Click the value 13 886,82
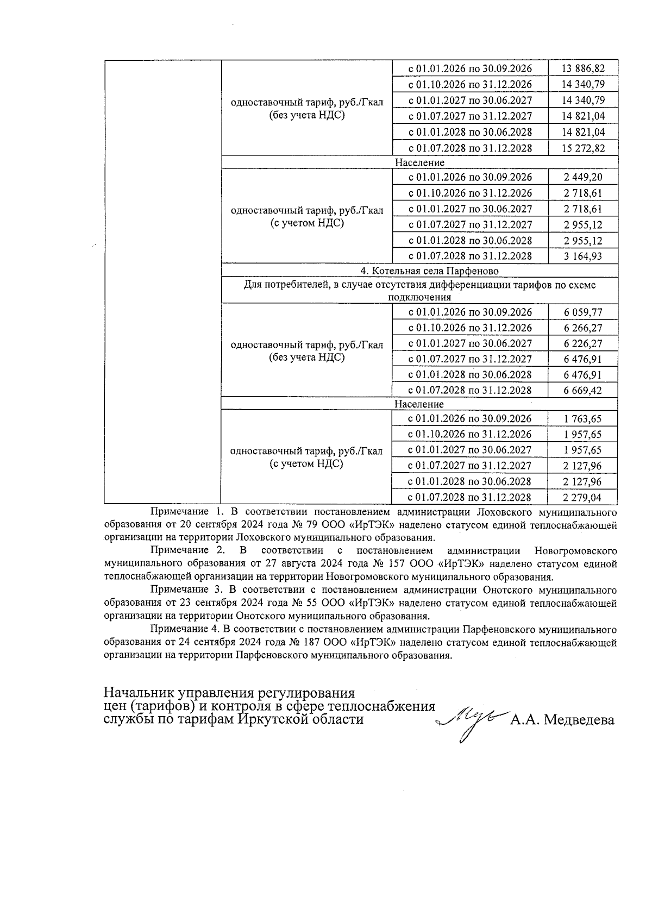point(583,68)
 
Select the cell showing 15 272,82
point(583,148)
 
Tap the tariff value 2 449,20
point(583,177)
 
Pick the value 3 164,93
point(583,256)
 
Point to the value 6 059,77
point(583,312)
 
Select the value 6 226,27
point(583,343)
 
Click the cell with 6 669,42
point(583,391)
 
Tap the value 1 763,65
point(583,419)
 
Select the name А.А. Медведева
point(562,720)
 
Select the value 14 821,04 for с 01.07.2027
point(583,116)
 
